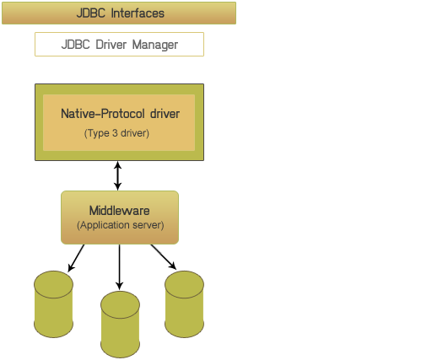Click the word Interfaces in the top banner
138,13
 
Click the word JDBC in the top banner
91,13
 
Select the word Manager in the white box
155,45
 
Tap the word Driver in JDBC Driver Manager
111,45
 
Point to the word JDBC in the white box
76,45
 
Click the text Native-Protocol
103,114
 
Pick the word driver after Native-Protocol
165,114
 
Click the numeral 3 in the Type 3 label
115,132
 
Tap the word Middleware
119,211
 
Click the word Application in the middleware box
105,225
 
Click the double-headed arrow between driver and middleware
118,176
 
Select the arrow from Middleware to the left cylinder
76,258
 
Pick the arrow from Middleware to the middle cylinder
120,266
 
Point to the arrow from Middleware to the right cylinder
164,257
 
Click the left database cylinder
53,304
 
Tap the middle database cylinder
120,325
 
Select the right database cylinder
184,304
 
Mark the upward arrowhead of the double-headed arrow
118,165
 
